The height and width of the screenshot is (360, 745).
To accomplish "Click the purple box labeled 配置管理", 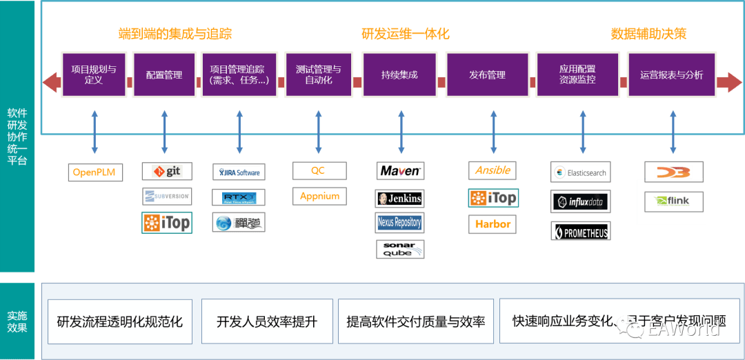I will pyautogui.click(x=164, y=74).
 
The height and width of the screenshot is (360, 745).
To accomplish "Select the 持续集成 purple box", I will pyautogui.click(x=399, y=74).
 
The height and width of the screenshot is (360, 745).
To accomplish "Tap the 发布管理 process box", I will pyautogui.click(x=487, y=74).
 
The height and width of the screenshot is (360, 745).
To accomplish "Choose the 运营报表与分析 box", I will pyautogui.click(x=671, y=74).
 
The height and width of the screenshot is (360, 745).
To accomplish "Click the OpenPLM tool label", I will pyautogui.click(x=96, y=172).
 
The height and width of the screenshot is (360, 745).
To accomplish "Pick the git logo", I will pyautogui.click(x=167, y=171).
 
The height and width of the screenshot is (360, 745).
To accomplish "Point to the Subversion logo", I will pyautogui.click(x=168, y=196).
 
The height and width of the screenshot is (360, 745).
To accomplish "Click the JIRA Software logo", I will pyautogui.click(x=239, y=172).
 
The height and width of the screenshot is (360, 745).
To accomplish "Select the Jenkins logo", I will pyautogui.click(x=399, y=199).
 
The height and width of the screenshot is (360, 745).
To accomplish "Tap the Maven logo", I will pyautogui.click(x=400, y=170).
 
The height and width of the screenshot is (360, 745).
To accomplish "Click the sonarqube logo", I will pyautogui.click(x=400, y=249).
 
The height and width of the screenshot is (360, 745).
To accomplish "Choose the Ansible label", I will pyautogui.click(x=493, y=170).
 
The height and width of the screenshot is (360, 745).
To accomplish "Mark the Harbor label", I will pyautogui.click(x=493, y=223).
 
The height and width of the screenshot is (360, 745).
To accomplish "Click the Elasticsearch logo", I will pyautogui.click(x=580, y=172).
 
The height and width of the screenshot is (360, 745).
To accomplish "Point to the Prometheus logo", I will pyautogui.click(x=581, y=232).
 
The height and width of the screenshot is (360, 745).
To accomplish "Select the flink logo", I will pyautogui.click(x=671, y=202).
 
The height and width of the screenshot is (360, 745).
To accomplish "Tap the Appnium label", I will pyautogui.click(x=319, y=196).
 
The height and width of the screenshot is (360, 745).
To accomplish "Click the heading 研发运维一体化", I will pyautogui.click(x=405, y=33).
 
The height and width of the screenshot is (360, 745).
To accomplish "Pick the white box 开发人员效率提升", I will pyautogui.click(x=267, y=321).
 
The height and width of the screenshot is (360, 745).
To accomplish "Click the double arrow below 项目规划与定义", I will pyautogui.click(x=95, y=130).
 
